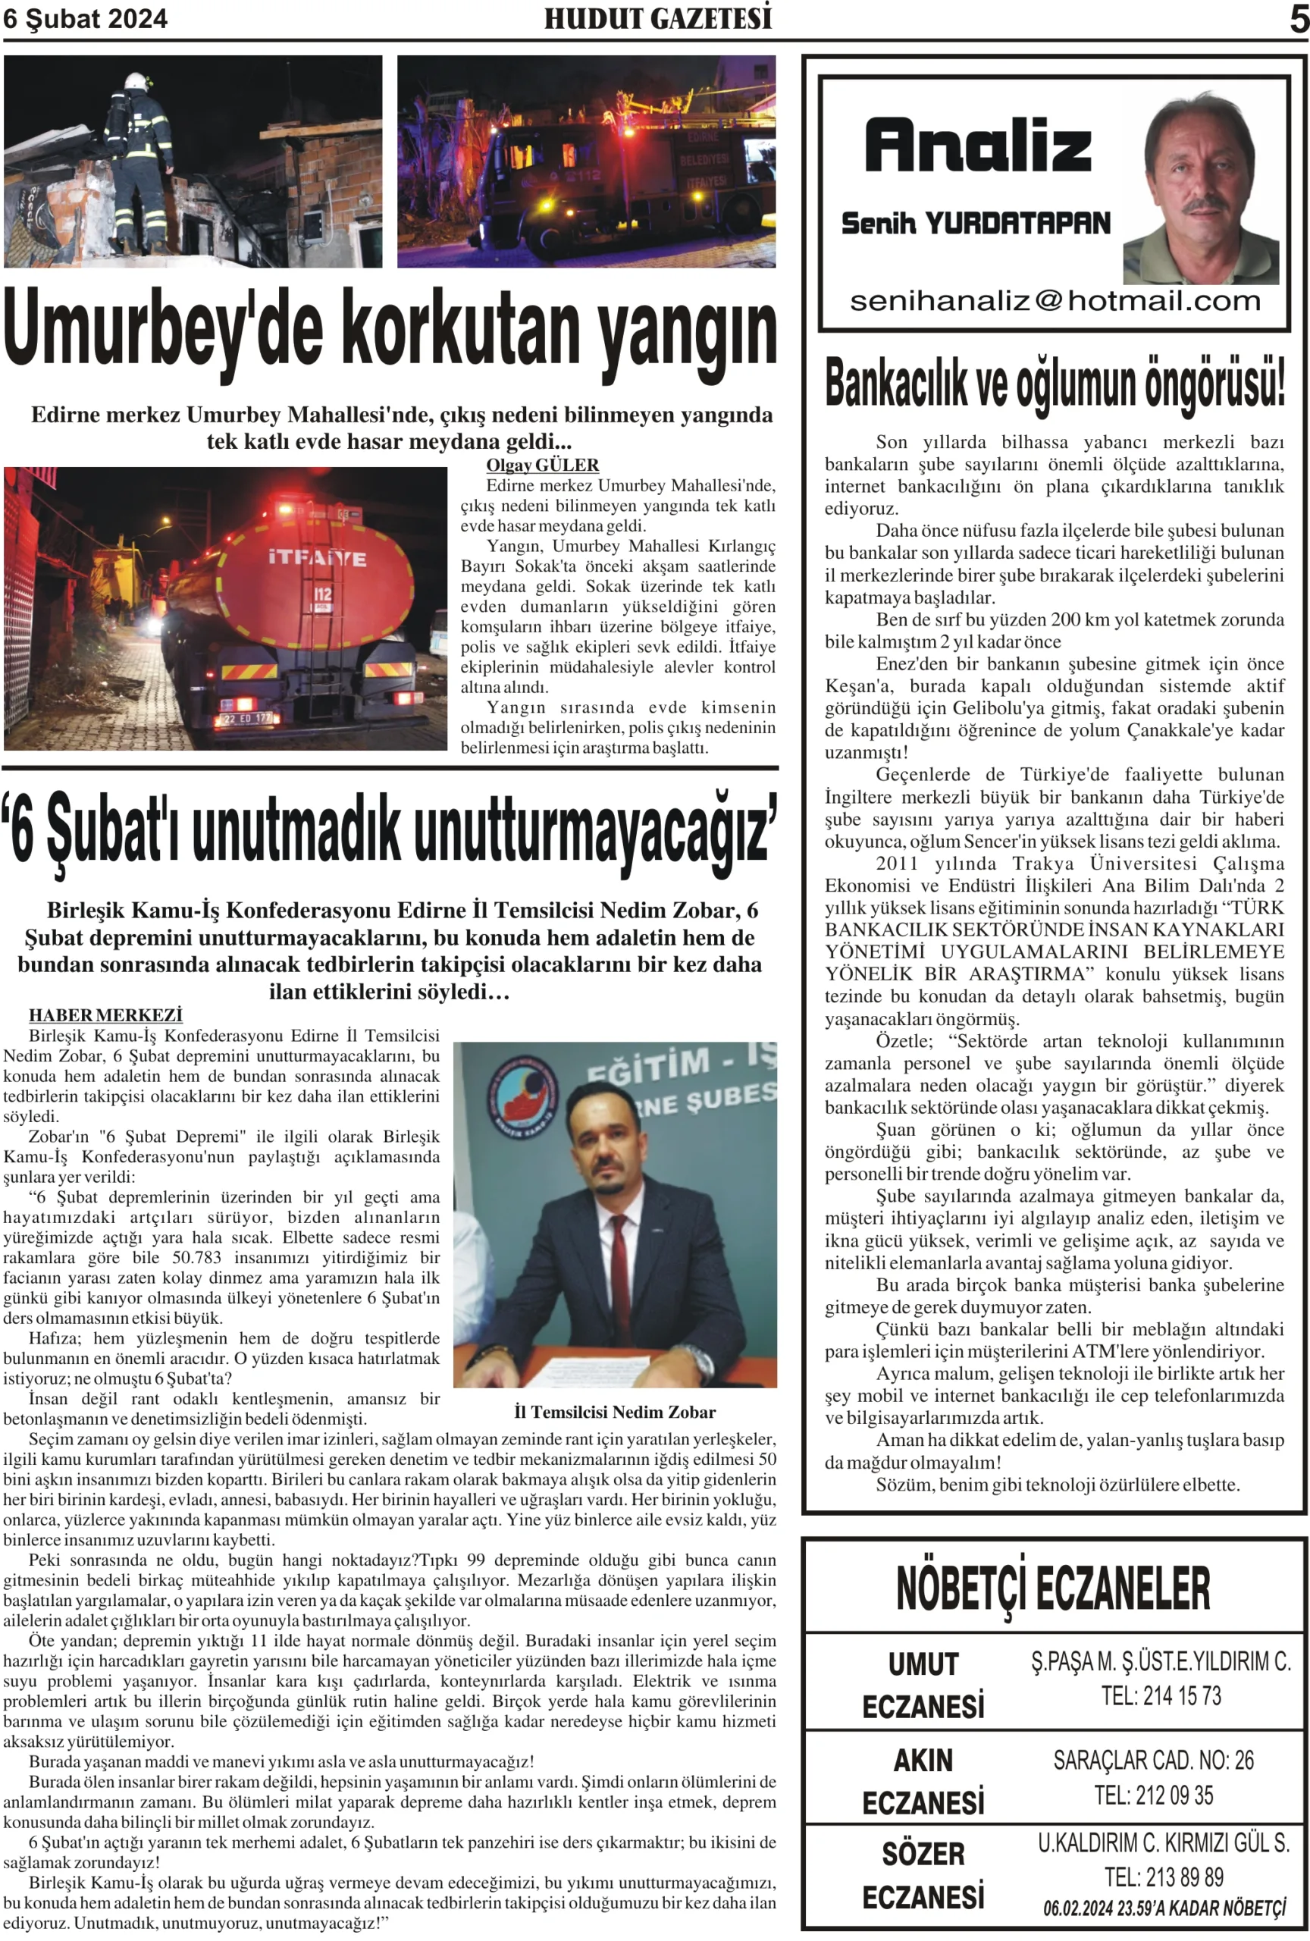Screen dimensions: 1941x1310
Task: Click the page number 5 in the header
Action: (1299, 19)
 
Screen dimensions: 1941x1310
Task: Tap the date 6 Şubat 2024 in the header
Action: (85, 18)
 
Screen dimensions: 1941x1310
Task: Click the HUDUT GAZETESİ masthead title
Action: (657, 18)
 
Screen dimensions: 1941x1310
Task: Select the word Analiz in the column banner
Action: (977, 146)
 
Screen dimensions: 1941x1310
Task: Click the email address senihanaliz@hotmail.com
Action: (1055, 301)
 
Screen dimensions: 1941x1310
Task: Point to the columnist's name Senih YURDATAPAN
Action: (975, 223)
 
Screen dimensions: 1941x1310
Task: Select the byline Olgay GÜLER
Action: (542, 466)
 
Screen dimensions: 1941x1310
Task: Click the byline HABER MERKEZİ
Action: (105, 1015)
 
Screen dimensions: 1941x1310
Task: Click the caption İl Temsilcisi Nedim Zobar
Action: (615, 1413)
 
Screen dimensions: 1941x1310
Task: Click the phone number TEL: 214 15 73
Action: (1161, 1695)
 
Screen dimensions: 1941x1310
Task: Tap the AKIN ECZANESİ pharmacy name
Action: (923, 1782)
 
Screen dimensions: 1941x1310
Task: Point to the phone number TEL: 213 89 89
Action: (1163, 1877)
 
